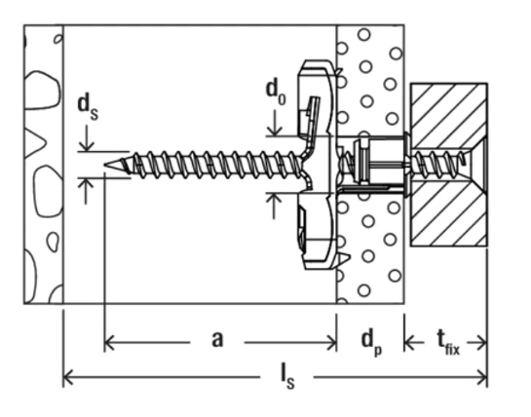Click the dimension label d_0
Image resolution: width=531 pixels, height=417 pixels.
point(276,93)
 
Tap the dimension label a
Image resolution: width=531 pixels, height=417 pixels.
point(217,339)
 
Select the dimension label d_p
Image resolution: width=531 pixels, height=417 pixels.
point(371,342)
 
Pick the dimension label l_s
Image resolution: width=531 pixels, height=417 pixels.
point(287,378)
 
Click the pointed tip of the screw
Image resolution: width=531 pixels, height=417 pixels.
point(105,165)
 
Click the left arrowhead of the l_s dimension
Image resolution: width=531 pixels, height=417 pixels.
point(68,377)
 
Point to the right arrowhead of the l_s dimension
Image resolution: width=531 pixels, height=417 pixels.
point(482,377)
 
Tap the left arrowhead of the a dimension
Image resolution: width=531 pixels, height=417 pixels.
point(109,343)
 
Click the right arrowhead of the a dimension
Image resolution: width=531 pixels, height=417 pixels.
point(331,343)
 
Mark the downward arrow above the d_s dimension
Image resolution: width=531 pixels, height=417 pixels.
point(87,138)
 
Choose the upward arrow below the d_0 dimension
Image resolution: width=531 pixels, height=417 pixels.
point(274,206)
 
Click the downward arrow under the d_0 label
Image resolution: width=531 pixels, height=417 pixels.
point(275,123)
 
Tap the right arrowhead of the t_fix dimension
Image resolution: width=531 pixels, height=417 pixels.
point(482,344)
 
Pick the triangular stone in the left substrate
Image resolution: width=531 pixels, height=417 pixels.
point(34,143)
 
